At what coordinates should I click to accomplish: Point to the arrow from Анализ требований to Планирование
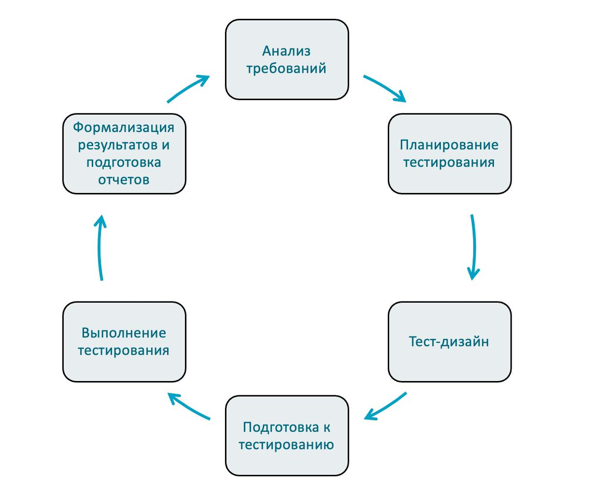(385, 88)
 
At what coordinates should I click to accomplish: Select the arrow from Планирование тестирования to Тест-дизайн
(474, 247)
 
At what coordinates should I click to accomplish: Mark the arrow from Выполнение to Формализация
(100, 247)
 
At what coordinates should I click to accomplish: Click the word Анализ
(286, 51)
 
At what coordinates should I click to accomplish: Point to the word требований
(286, 68)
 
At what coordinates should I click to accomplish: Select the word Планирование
(449, 145)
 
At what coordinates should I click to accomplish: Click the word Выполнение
(124, 333)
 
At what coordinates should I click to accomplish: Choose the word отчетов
(124, 180)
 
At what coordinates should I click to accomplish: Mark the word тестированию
(286, 444)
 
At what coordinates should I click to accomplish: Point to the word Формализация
(124, 127)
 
